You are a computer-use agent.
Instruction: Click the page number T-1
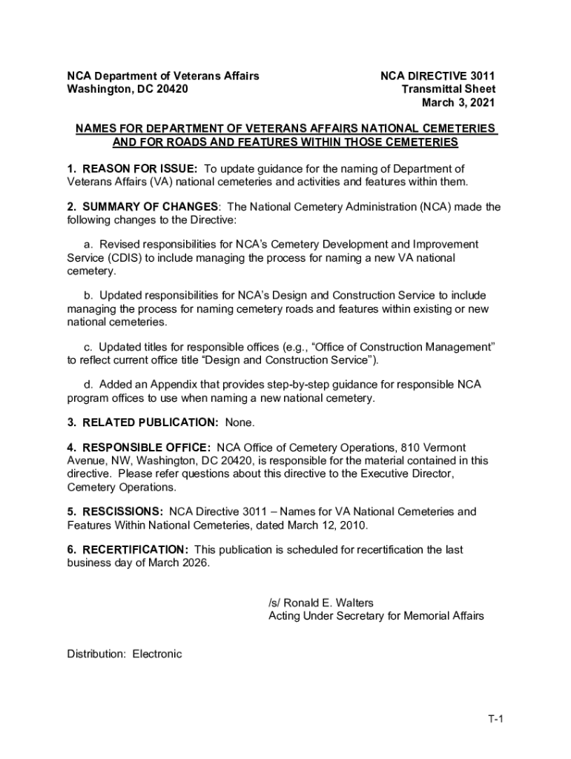pos(495,720)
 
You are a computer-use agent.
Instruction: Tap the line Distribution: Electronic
pos(125,654)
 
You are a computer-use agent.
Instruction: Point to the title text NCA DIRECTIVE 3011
pos(438,76)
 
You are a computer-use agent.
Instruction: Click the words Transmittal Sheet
pos(448,90)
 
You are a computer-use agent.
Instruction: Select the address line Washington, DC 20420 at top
pos(128,90)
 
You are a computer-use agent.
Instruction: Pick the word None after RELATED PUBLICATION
pos(240,422)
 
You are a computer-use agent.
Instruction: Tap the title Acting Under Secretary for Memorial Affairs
pos(376,616)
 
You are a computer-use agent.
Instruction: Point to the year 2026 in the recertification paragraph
pos(195,563)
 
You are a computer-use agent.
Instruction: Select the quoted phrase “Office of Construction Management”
pos(394,347)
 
